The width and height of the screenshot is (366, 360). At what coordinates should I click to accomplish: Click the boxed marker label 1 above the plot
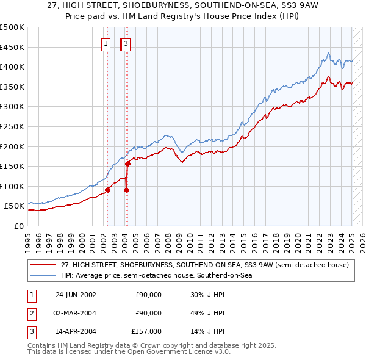pos(106,43)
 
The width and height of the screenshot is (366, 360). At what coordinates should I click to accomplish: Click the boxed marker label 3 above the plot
pos(126,43)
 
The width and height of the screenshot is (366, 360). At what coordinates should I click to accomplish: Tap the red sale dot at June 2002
pos(107,190)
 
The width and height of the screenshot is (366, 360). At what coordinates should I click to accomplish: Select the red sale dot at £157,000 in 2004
pos(128,164)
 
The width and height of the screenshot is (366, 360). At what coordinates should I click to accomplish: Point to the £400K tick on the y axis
pos(12,67)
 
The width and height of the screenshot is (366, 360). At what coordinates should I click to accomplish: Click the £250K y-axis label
pos(12,126)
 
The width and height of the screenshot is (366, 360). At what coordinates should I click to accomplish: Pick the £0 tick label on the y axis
pos(18,226)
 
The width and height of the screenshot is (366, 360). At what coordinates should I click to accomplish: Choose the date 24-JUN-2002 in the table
pos(76,295)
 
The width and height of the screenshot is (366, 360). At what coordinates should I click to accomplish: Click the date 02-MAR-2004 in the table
pos(76,313)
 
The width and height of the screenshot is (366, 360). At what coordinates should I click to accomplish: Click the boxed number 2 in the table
pos(30,313)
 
